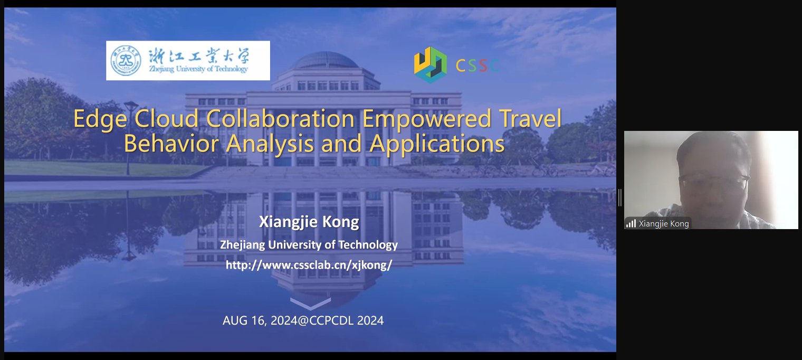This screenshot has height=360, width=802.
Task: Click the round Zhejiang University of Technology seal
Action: [126, 60]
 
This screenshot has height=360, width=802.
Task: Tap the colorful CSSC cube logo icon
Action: [431, 65]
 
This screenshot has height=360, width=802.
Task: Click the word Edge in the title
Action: [100, 119]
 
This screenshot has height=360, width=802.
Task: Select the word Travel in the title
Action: [530, 118]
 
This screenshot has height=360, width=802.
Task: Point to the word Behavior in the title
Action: [171, 144]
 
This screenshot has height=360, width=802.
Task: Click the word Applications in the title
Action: [437, 144]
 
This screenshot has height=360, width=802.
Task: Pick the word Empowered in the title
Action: [427, 119]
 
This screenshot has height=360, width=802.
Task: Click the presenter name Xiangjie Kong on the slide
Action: [309, 222]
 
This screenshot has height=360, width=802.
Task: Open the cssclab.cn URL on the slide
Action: [309, 265]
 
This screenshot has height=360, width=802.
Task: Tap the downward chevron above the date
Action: [310, 303]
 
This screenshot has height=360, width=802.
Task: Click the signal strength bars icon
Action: [631, 223]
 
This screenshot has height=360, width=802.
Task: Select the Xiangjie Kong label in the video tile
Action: [664, 224]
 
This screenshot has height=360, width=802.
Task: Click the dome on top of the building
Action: [326, 60]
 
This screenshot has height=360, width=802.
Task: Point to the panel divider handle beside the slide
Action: [620, 197]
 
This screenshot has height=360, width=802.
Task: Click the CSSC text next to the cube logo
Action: [478, 65]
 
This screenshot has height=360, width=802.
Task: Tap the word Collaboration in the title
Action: [280, 119]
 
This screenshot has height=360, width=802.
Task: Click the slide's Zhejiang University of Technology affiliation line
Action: [309, 244]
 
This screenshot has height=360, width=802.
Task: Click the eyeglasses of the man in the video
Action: [714, 183]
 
